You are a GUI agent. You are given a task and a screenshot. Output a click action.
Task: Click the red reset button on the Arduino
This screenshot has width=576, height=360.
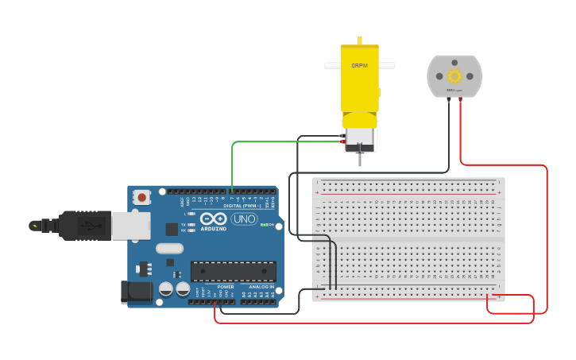pos(141,196)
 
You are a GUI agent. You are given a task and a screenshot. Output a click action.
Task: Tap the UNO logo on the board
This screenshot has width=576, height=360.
pos(243,219)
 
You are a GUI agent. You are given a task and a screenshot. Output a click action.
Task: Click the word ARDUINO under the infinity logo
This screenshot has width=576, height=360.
pos(213,229)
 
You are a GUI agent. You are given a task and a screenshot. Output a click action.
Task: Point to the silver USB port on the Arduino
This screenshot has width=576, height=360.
pos(130,225)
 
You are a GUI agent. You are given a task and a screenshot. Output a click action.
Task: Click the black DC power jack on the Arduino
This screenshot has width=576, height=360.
pos(136,292)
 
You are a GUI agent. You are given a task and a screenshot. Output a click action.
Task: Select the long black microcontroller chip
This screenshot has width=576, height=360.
pos(233,271)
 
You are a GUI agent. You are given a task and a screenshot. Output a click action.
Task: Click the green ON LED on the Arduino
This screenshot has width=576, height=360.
pos(263,225)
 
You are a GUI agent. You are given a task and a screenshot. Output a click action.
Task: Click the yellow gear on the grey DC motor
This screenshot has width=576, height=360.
pos(454,76)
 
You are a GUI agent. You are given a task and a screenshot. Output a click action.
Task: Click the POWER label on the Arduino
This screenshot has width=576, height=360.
pos(226,287)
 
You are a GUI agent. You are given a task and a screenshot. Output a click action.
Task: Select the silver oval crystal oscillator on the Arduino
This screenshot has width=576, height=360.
pos(169,248)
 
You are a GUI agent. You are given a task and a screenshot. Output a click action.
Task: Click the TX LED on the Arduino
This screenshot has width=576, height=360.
pos(191,225)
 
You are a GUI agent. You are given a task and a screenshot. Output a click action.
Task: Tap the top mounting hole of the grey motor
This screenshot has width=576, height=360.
pos(454,58)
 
